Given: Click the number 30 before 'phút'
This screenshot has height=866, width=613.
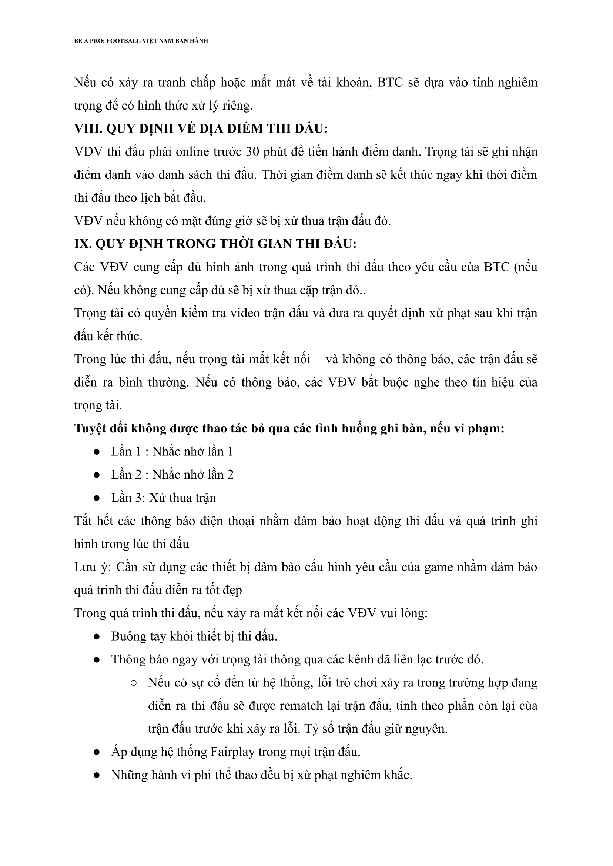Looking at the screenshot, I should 252,152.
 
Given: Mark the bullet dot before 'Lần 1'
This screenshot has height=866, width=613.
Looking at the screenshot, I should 96,452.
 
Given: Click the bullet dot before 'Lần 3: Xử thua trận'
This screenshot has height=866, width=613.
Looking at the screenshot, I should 96,498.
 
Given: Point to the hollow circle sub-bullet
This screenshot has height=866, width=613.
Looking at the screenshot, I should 133,683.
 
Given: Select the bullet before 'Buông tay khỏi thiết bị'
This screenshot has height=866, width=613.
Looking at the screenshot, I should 96,636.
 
